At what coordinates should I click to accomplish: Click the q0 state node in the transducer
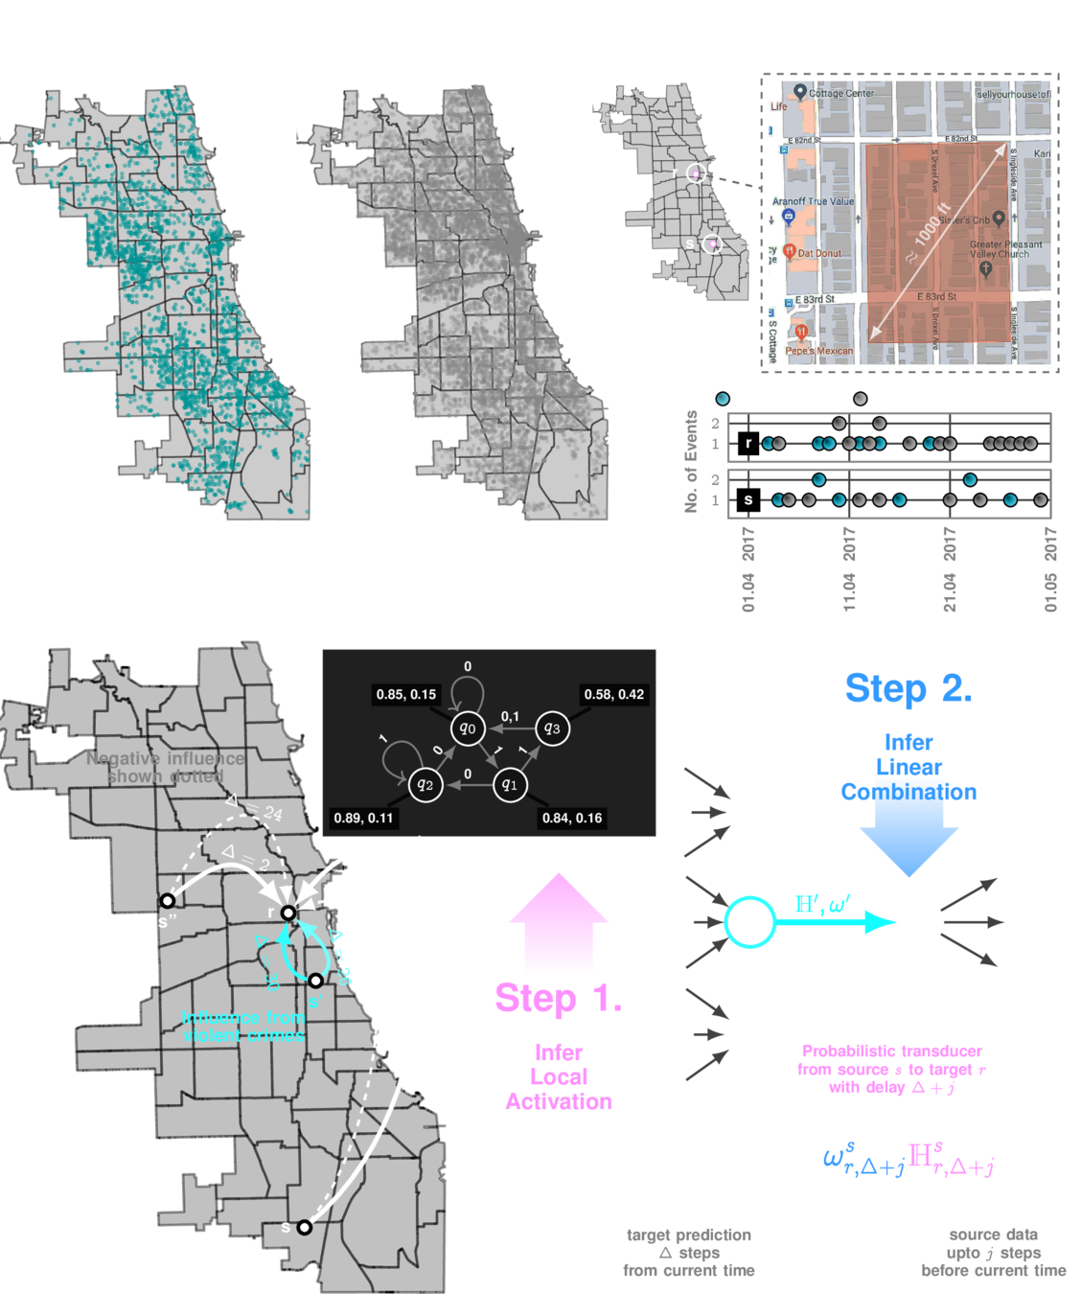point(468,728)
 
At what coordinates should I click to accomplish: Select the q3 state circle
point(552,728)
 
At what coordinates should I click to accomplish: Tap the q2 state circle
point(425,785)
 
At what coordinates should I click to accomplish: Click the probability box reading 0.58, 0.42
point(614,694)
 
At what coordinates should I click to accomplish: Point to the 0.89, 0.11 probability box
point(363,818)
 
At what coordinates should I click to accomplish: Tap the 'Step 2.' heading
point(908,688)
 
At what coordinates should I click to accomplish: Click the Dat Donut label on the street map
point(818,254)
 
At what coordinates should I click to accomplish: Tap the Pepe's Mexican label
point(818,351)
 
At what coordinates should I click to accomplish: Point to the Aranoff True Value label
point(813,201)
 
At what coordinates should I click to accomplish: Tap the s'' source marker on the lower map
point(168,901)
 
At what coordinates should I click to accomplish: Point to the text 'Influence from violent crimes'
point(243,1027)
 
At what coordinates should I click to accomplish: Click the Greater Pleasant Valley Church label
point(1005,249)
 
